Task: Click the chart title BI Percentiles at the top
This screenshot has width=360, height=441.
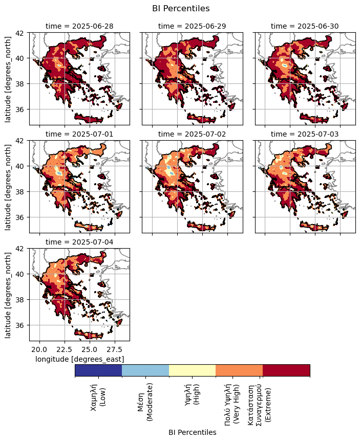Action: tap(181, 8)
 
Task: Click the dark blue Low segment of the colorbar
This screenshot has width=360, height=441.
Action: tap(98, 370)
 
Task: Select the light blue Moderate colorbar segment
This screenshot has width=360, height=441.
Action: tap(145, 370)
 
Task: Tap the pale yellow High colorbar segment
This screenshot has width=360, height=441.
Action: tap(192, 370)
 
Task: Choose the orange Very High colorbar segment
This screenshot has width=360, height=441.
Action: tap(239, 370)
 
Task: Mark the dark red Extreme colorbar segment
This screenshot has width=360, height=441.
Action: tap(286, 370)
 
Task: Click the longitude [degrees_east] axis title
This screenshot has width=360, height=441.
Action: tap(79, 359)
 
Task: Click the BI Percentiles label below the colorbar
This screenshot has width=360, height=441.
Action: tap(192, 432)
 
